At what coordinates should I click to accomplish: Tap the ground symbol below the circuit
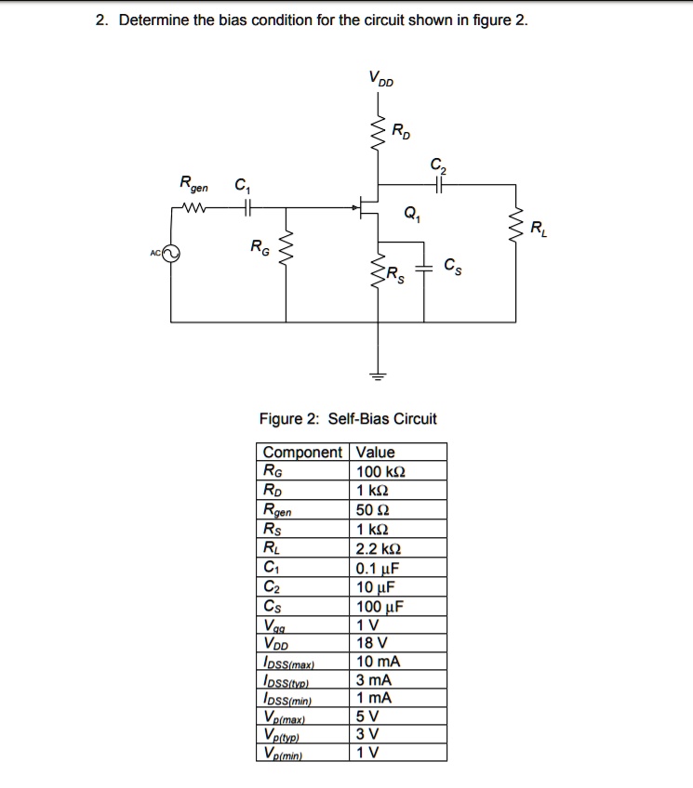click(378, 376)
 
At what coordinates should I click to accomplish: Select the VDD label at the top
click(380, 78)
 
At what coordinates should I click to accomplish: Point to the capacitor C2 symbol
click(437, 185)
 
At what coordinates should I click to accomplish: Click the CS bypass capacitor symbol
click(425, 269)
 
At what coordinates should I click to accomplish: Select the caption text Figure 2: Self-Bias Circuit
click(347, 418)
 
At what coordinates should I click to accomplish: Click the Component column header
click(302, 453)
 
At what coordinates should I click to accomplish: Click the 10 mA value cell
click(378, 662)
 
